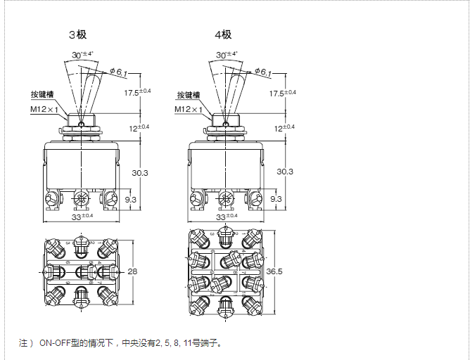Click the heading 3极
pos(77,34)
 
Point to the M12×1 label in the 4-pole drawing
pos(189,110)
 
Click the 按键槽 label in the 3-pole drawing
pos(42,96)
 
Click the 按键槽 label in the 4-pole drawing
pos(189,96)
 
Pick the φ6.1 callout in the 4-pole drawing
pos(262,72)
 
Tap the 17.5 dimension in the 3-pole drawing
pos(138,94)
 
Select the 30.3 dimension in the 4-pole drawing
pos(285,172)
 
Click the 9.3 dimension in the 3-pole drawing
pos(131,200)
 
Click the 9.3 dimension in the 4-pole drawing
pos(276,200)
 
